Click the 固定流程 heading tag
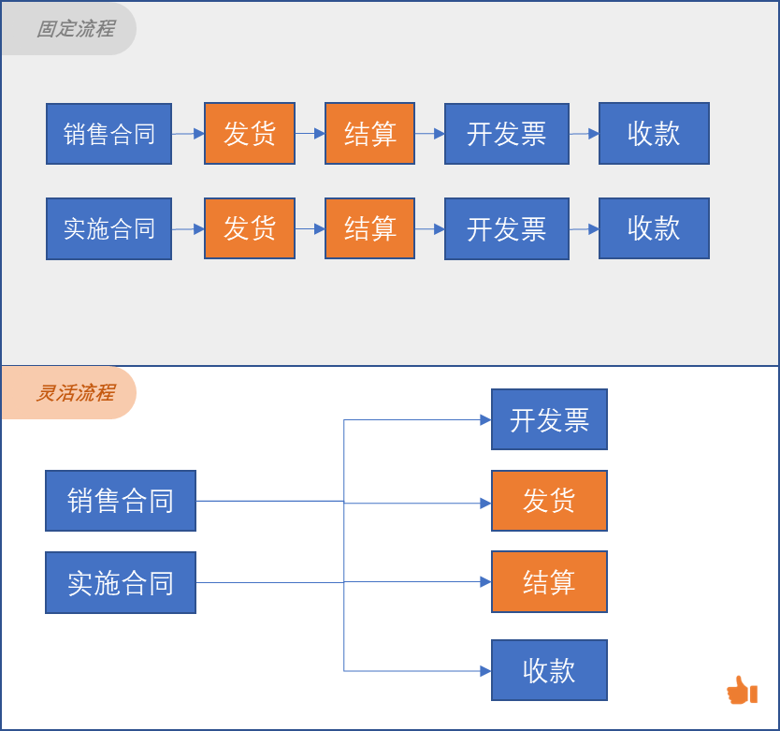(x=68, y=28)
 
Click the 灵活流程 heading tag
(x=68, y=393)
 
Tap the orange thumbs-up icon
(x=742, y=690)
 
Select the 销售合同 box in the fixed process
(x=108, y=134)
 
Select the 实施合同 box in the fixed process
(x=108, y=229)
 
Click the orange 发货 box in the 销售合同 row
(x=250, y=134)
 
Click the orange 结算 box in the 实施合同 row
(x=369, y=228)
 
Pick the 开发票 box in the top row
(x=507, y=134)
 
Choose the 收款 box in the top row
(x=654, y=134)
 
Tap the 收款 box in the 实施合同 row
(x=654, y=228)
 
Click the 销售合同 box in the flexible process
(x=121, y=501)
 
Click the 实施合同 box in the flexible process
(x=121, y=582)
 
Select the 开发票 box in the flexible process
(x=549, y=419)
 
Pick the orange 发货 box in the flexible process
(x=549, y=501)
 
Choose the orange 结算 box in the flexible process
(x=549, y=581)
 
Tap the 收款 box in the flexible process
(x=549, y=670)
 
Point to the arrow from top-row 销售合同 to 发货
(x=188, y=134)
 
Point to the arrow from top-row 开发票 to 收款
(x=584, y=134)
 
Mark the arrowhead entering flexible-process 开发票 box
(x=485, y=419)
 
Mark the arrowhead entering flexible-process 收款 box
(x=485, y=671)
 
